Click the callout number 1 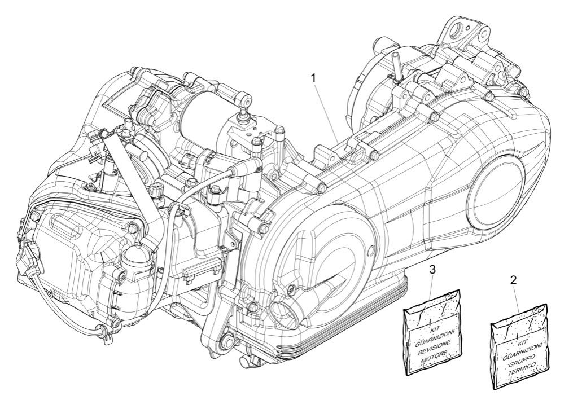[x=313, y=78]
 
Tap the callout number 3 [x=432, y=270]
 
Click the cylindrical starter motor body [x=204, y=112]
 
